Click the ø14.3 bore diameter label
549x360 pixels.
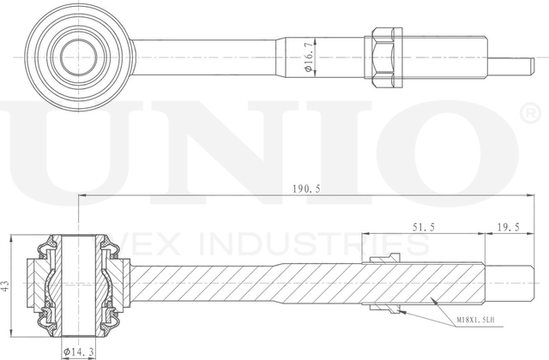coord(79,351)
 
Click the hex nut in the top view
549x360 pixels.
coord(384,57)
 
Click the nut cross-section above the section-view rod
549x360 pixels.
coord(383,261)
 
